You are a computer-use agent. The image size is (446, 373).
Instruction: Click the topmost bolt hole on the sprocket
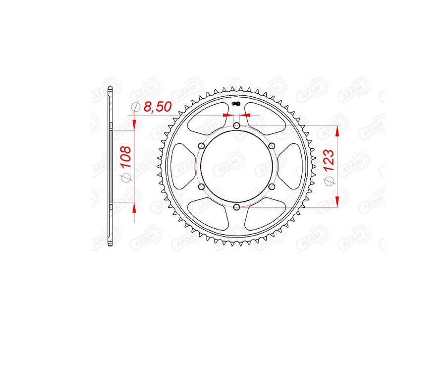(x=236, y=125)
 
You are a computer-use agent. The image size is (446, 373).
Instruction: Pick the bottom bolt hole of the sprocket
(x=236, y=207)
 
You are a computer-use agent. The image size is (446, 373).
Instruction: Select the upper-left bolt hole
(x=201, y=146)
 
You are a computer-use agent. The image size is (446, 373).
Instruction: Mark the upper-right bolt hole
(x=272, y=146)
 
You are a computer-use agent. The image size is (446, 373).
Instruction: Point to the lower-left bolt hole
(x=201, y=186)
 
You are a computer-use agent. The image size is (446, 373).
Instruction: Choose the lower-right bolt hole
(x=272, y=186)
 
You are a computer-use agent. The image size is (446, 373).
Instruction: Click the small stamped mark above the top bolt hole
(x=236, y=104)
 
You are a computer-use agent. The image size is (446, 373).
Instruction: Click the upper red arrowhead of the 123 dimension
(x=337, y=130)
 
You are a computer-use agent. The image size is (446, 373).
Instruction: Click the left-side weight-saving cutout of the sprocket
(x=185, y=166)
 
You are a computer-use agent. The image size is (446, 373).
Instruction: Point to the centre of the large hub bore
(x=236, y=166)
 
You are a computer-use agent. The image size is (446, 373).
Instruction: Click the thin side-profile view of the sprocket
(x=111, y=166)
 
